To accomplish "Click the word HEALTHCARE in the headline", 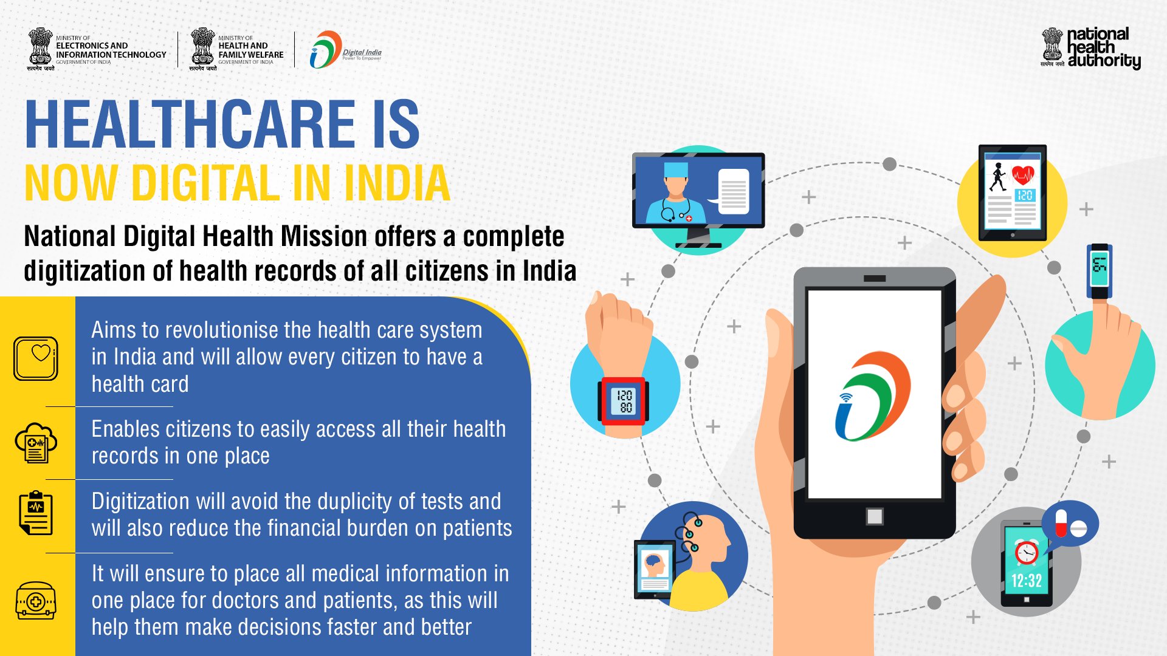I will click(190, 125).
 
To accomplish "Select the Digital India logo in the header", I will click(344, 50).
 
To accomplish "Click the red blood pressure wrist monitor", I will click(624, 401).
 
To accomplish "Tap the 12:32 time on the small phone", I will click(1026, 581).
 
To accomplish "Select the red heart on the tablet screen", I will click(1023, 174).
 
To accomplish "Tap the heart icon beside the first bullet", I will click(36, 358).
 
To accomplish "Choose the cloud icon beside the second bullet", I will click(36, 443).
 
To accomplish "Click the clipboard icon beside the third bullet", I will click(36, 513).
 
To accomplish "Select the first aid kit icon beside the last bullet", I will click(36, 601).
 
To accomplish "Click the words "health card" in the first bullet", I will click(140, 384).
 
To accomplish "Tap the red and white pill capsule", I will click(1061, 523).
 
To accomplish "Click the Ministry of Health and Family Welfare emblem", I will click(202, 47).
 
